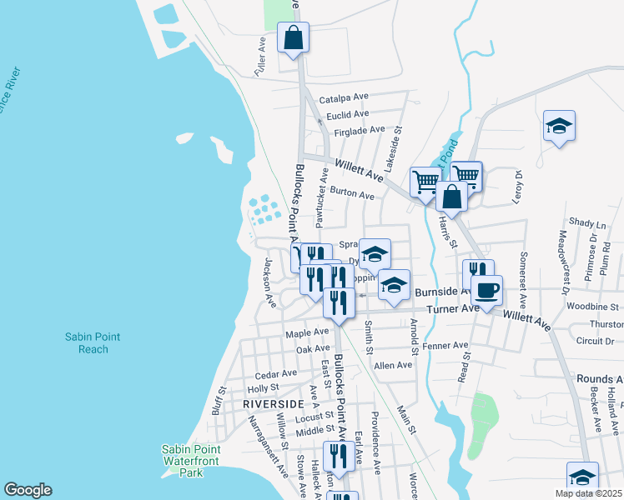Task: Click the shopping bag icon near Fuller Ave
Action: (x=294, y=37)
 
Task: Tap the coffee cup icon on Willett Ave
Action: (x=487, y=290)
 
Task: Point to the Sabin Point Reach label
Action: (x=93, y=342)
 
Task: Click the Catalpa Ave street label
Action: (x=344, y=97)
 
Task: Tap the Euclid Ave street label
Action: (x=348, y=114)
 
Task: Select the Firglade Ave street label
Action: (x=359, y=130)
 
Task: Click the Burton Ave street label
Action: (x=352, y=194)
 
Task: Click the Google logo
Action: (x=28, y=490)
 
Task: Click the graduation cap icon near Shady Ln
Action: (x=559, y=127)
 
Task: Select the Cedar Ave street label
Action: (x=276, y=374)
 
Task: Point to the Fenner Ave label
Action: (x=445, y=345)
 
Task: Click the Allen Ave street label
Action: (x=394, y=365)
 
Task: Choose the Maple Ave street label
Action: (x=307, y=333)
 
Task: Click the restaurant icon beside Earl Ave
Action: (x=337, y=456)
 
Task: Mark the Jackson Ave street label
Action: (x=269, y=283)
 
